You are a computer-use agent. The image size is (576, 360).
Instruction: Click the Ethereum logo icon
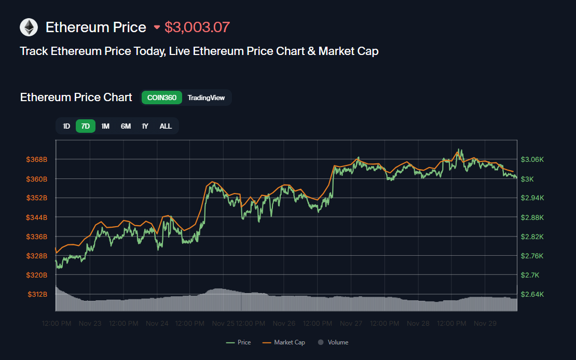click(x=29, y=27)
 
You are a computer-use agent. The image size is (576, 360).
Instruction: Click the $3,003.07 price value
click(x=197, y=27)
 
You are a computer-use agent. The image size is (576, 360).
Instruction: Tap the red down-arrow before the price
click(x=157, y=27)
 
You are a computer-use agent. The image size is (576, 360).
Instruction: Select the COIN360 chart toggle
click(x=161, y=98)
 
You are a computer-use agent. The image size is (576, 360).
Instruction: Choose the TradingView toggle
click(x=206, y=98)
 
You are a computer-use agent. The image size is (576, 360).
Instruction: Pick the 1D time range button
click(x=66, y=126)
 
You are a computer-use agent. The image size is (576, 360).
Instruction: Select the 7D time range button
click(x=86, y=126)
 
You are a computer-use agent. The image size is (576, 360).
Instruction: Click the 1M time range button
click(x=105, y=126)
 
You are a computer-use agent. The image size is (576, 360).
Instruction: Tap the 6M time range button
click(x=126, y=126)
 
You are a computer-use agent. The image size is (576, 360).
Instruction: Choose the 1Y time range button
click(x=145, y=126)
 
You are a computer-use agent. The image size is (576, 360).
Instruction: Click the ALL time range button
click(x=166, y=126)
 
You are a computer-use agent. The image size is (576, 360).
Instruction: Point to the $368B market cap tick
click(x=37, y=160)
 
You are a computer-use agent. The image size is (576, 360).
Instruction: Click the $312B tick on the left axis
click(x=37, y=294)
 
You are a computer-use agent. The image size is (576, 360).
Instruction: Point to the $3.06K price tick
click(x=532, y=160)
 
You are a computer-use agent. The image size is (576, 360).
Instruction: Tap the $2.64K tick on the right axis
click(x=532, y=294)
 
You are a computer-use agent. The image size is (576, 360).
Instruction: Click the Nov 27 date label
click(x=351, y=323)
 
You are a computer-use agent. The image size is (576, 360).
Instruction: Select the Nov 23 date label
click(x=90, y=323)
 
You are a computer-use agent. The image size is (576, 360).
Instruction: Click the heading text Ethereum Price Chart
click(x=76, y=98)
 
